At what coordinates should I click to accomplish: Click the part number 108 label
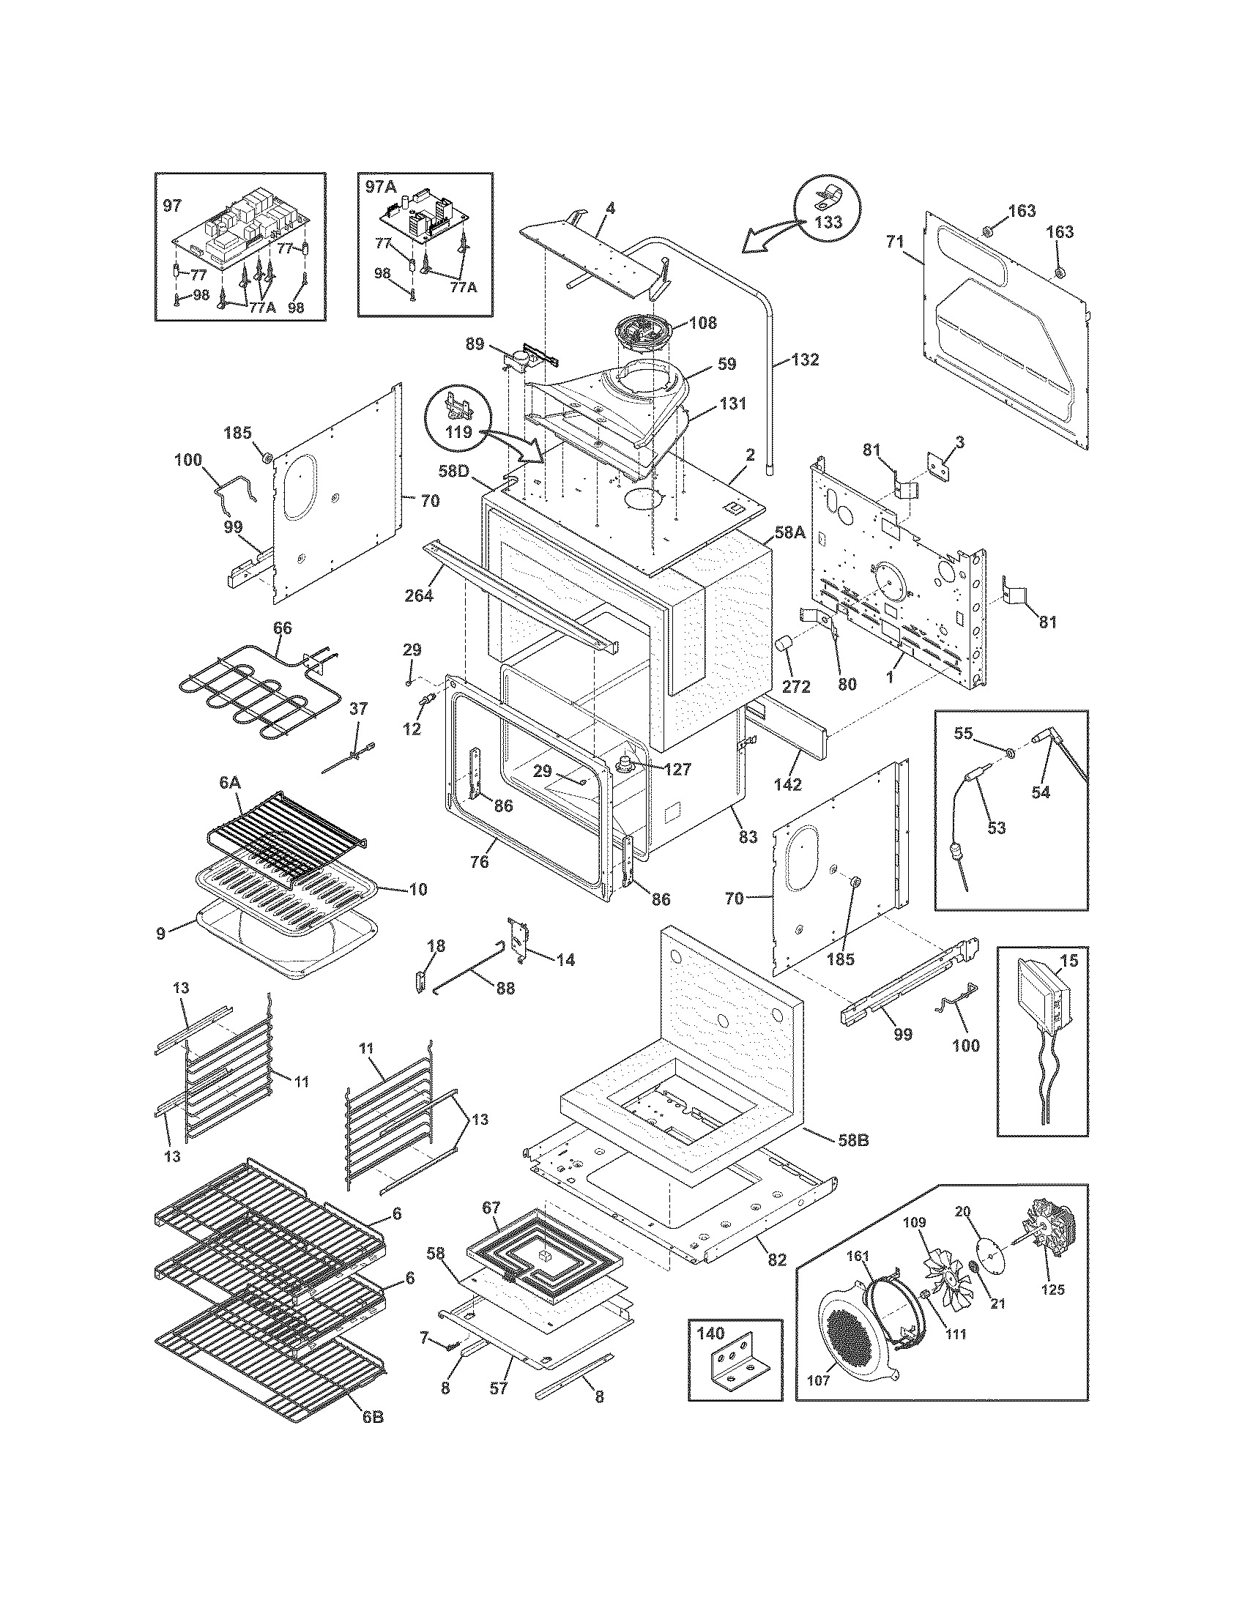(x=702, y=323)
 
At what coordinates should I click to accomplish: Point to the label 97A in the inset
(x=382, y=187)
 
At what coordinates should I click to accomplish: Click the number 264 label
(x=418, y=595)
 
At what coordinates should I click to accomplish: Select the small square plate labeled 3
(x=937, y=466)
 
